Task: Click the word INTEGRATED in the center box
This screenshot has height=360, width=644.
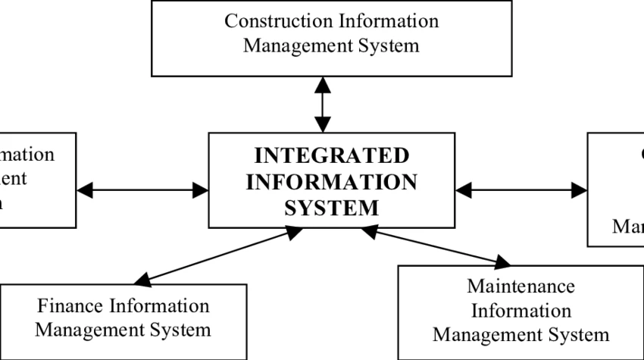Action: coord(331,156)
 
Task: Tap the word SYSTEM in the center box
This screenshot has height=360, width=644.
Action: coord(331,207)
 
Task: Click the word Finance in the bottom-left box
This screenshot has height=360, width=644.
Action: coord(73,306)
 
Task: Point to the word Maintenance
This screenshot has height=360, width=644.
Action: coord(521,286)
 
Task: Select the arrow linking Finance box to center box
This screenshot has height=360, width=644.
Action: coord(219,257)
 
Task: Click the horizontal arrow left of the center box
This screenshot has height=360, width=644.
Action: coord(142,190)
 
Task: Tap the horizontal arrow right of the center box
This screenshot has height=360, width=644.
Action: coord(521,190)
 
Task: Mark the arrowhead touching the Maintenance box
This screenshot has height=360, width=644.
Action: coord(502,263)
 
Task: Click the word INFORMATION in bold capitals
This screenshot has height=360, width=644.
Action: coord(331,182)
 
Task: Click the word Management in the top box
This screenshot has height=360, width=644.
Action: coord(292,45)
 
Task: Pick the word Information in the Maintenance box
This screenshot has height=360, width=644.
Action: coord(521,311)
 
